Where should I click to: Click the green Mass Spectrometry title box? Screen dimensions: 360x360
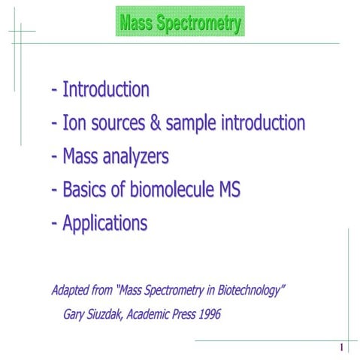[x=180, y=22]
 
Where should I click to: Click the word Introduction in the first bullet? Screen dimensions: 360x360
[x=106, y=89]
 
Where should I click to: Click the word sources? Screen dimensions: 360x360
[x=119, y=124]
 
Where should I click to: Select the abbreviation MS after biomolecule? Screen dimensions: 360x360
[x=228, y=190]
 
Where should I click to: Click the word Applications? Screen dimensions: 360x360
[x=105, y=224]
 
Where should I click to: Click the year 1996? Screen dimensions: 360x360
[x=211, y=314]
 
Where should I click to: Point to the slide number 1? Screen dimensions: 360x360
[x=341, y=347]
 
